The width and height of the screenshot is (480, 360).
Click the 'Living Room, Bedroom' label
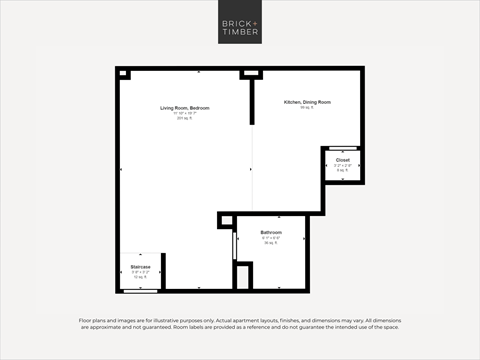tap(183, 107)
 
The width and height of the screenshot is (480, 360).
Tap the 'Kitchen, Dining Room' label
tap(307, 102)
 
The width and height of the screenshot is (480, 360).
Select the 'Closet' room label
tap(342, 160)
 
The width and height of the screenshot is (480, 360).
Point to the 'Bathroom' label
tap(271, 232)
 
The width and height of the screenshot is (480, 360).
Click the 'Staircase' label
tap(140, 267)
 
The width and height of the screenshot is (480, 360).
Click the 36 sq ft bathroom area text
tap(271, 243)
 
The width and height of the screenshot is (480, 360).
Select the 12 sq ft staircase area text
tap(140, 277)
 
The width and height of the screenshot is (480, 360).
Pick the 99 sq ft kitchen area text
tap(306, 108)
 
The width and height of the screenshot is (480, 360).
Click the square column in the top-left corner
tap(124, 73)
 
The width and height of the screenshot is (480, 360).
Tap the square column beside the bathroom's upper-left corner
tap(226, 220)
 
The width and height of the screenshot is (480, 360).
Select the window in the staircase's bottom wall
tap(140, 291)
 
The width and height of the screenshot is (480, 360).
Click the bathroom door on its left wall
tap(234, 245)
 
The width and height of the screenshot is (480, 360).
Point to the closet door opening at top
tap(342, 148)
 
